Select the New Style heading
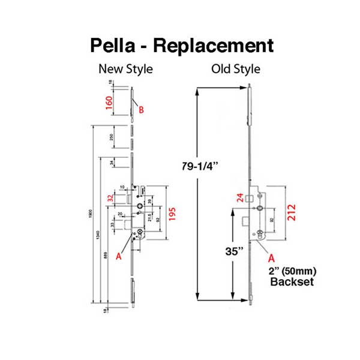[125, 69]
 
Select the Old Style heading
[236, 69]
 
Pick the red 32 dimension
[110, 199]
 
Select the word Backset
[292, 281]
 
